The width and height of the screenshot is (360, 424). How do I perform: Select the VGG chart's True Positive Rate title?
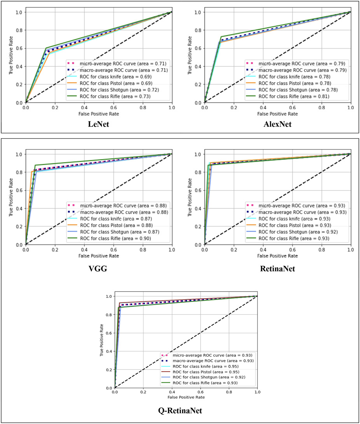(11, 199)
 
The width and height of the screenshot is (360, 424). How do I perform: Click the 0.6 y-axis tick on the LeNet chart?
(18, 48)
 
